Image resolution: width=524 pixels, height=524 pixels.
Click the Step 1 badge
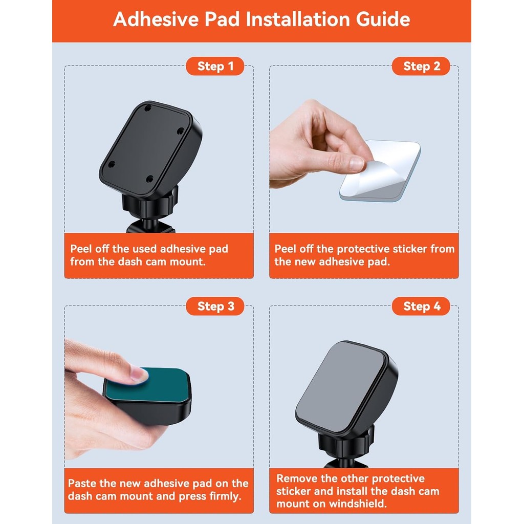(215, 66)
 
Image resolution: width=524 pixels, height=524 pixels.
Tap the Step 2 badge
(421, 66)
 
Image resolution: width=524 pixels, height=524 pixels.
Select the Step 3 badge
(215, 306)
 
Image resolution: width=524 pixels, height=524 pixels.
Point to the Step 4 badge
(421, 306)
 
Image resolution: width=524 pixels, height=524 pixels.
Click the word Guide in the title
(383, 19)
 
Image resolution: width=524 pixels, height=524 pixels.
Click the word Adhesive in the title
(156, 19)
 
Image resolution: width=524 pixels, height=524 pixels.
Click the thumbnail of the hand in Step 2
(356, 163)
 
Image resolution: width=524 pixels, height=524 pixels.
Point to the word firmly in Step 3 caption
(225, 496)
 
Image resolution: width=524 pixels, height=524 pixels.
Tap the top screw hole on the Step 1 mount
(148, 107)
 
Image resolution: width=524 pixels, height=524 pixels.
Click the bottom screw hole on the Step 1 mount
(150, 179)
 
